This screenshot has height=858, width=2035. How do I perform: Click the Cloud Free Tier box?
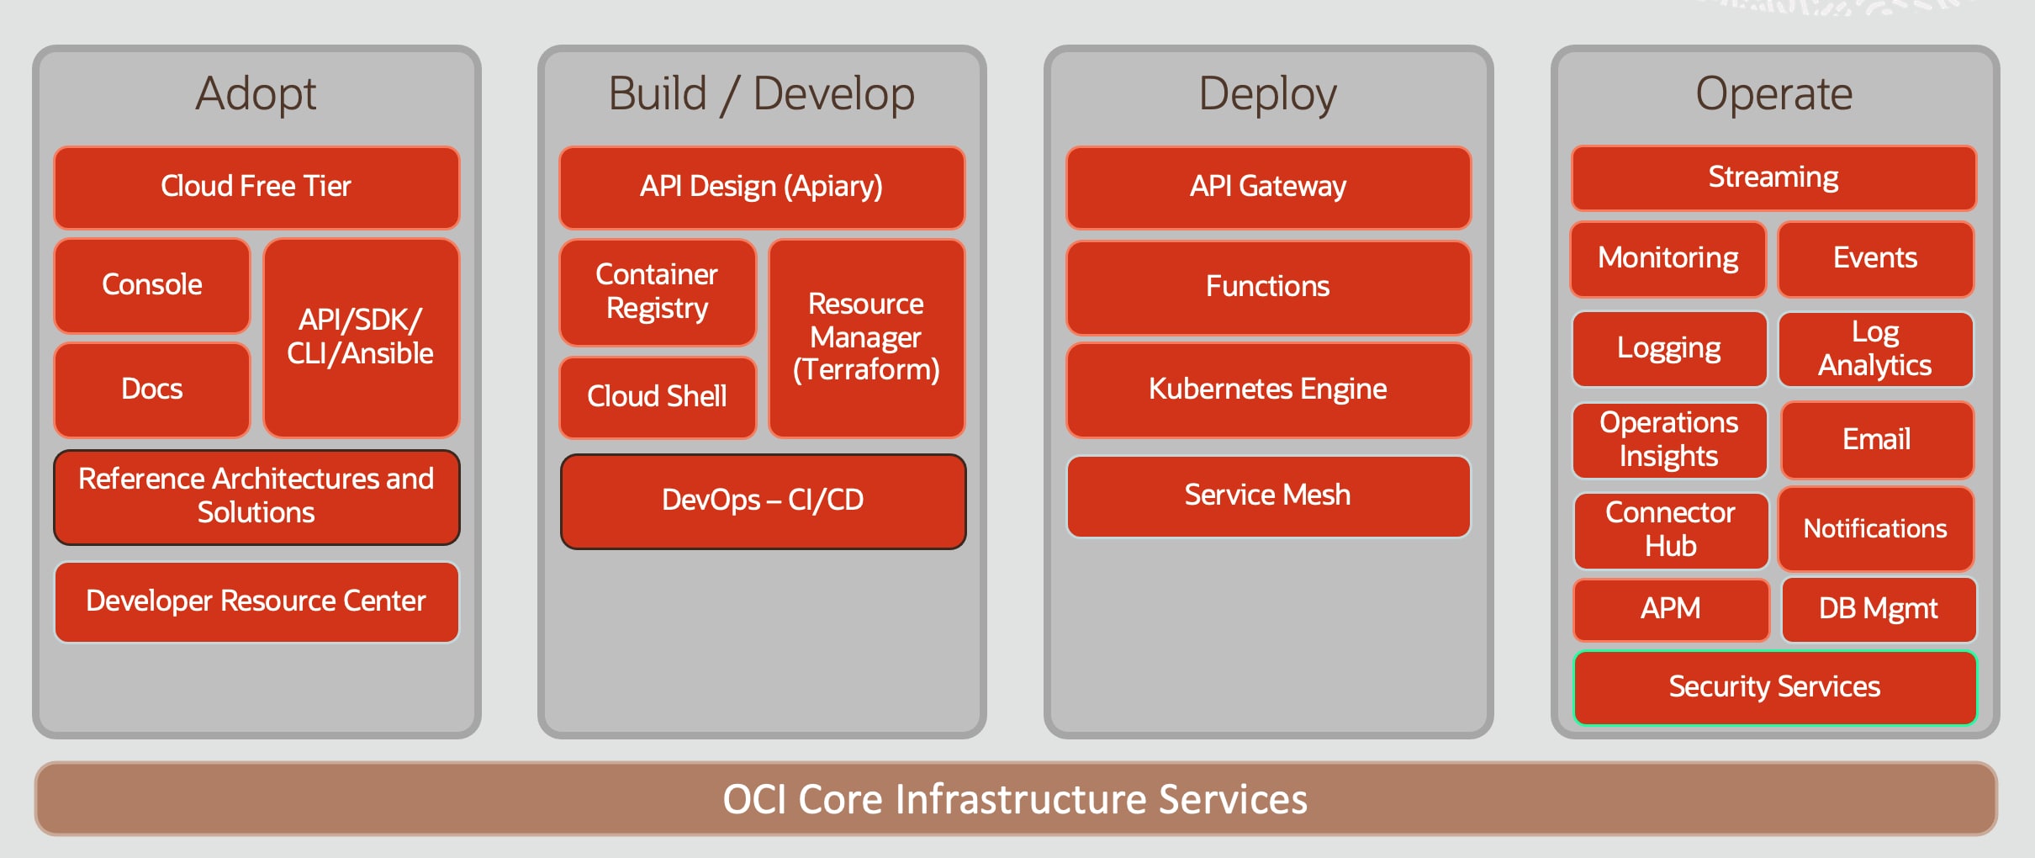coord(256,187)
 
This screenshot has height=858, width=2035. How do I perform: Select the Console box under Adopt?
coord(152,285)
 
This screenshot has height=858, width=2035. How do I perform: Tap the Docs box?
coord(152,389)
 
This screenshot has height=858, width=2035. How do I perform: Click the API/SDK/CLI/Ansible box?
coord(361,337)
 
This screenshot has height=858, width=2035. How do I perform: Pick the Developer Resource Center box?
coord(256,601)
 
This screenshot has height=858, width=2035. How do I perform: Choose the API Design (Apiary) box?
coord(762,187)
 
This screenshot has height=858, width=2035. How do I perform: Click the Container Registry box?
coord(658,292)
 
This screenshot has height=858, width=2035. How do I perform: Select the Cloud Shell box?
coord(658,397)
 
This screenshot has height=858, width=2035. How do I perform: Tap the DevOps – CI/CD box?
coord(763,500)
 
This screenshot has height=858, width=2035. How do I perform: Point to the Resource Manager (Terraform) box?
coord(866,337)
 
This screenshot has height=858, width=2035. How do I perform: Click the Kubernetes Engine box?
coord(1268,389)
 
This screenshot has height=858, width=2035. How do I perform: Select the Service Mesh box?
coord(1268,495)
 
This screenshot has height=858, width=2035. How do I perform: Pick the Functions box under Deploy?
coord(1268,287)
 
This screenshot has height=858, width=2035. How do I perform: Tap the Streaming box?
coord(1773,177)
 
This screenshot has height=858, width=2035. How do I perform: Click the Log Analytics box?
coord(1875,348)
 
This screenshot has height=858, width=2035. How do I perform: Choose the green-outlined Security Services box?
coord(1774,687)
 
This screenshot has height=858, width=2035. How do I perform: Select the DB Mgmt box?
coord(1878,609)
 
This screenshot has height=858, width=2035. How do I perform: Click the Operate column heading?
coord(1773,93)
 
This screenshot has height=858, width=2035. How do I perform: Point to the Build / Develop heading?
coord(762,93)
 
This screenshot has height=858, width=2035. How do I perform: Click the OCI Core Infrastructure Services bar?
coord(1015,799)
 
